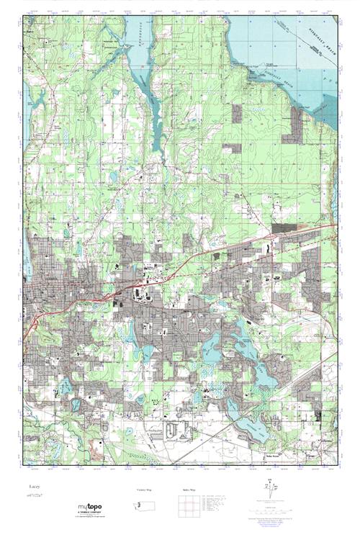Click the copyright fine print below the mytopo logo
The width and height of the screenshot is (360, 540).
91,518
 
